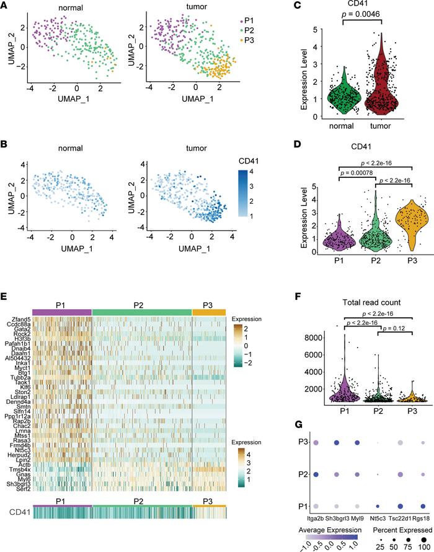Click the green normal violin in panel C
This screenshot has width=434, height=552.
[x=334, y=96]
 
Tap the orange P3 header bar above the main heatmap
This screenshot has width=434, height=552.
[x=209, y=312]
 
